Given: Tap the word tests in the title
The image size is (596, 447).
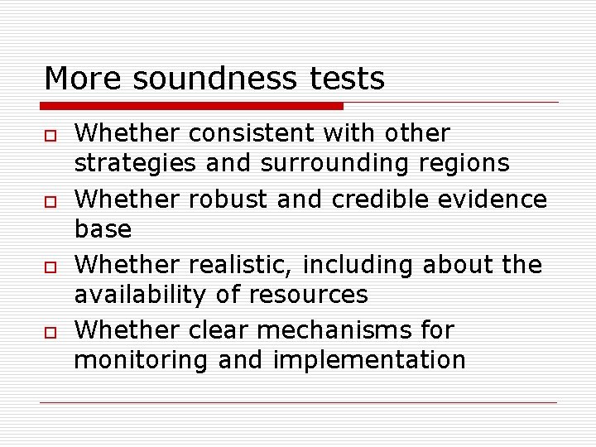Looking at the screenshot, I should click(348, 79).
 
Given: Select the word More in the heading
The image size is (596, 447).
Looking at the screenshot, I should click(84, 79).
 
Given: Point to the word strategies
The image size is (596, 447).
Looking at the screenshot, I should click(135, 163).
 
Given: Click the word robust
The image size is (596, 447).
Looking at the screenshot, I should click(227, 199).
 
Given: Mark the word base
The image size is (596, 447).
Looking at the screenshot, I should click(103, 229).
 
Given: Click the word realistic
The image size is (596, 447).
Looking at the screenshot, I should click(241, 265).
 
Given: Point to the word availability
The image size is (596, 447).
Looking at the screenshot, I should click(147, 295).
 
